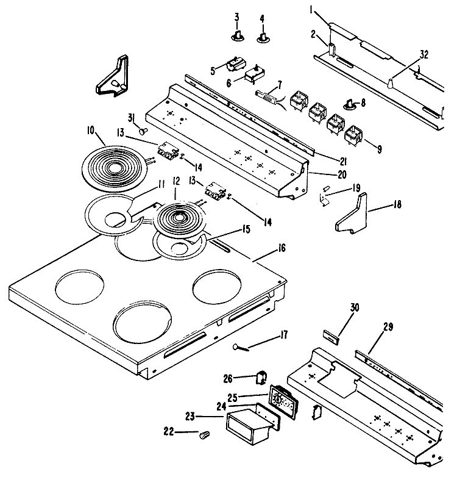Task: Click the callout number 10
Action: click(90, 129)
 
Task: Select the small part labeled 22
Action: click(205, 434)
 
